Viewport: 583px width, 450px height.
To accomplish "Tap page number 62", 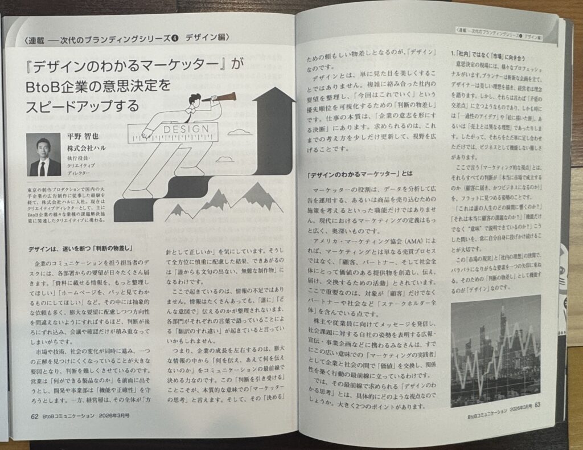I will (34, 415).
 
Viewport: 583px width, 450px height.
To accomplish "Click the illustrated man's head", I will (195, 102).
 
